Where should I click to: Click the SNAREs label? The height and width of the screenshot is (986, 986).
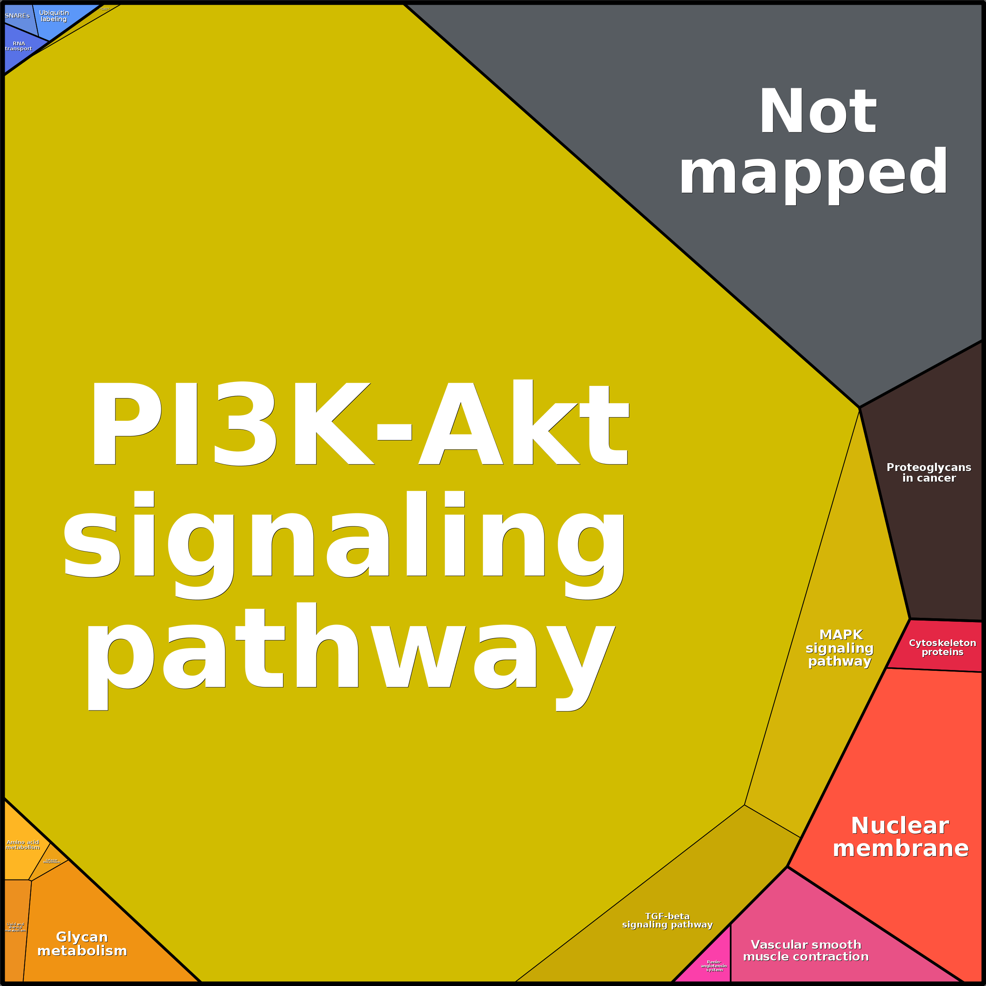click(17, 16)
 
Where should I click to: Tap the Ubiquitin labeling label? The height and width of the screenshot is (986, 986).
click(54, 16)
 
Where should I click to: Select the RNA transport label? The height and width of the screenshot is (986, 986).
click(18, 46)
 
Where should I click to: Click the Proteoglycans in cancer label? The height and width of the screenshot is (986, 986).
click(929, 473)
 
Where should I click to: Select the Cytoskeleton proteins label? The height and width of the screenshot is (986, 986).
click(942, 647)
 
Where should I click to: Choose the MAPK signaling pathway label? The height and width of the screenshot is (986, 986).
click(840, 648)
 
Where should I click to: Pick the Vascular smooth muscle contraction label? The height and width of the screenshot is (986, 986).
click(806, 951)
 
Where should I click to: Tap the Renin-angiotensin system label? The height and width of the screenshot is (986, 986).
click(714, 966)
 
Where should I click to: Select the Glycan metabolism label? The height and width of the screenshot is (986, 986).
click(82, 944)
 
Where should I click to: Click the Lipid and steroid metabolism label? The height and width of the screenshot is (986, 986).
click(15, 927)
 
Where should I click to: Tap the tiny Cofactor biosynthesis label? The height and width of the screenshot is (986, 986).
click(51, 861)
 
